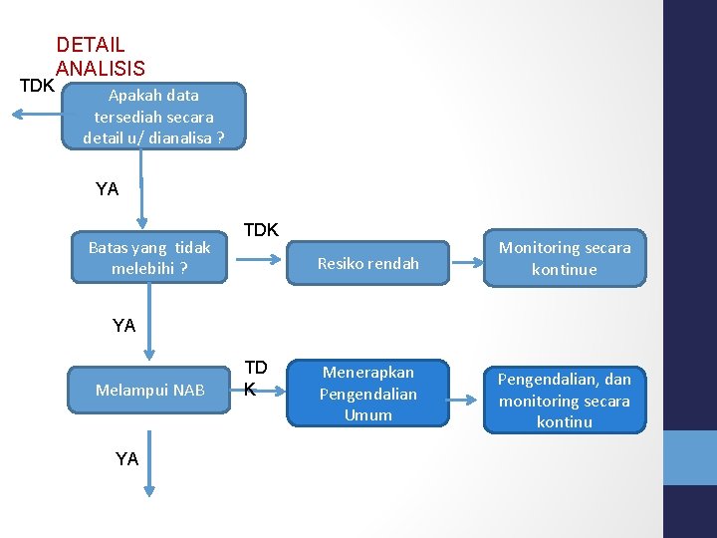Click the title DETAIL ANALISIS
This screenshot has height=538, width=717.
pyautogui.click(x=101, y=57)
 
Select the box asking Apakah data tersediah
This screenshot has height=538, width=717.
pyautogui.click(x=153, y=117)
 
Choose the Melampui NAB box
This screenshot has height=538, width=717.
pyautogui.click(x=150, y=390)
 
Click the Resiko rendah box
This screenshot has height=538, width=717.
pyautogui.click(x=367, y=264)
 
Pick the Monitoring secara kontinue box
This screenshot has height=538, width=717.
pyautogui.click(x=565, y=258)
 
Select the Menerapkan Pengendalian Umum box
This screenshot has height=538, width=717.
pyautogui.click(x=367, y=393)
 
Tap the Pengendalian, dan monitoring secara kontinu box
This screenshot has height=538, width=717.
pyautogui.click(x=565, y=400)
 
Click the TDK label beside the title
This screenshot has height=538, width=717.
pyautogui.click(x=37, y=85)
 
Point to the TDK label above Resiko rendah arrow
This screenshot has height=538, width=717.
pyautogui.click(x=261, y=230)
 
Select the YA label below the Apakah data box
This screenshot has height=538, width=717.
pyautogui.click(x=107, y=188)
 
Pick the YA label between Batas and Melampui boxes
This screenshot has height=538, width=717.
pyautogui.click(x=124, y=325)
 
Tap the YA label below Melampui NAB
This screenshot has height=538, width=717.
pyautogui.click(x=126, y=458)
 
